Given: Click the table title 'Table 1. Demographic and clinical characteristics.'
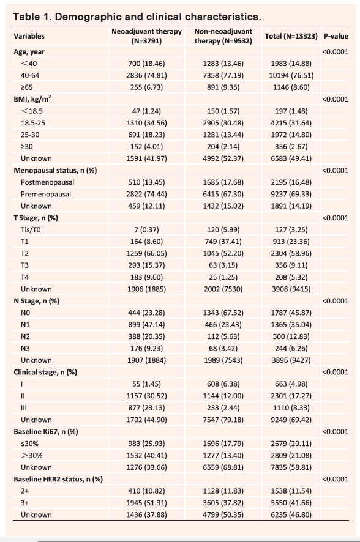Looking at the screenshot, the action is [137, 17].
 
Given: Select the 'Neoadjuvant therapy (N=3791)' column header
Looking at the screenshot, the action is [146, 36].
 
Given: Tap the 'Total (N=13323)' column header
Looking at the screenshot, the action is [291, 36].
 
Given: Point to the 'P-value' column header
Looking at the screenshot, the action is [336, 36].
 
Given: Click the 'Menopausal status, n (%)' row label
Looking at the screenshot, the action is [55, 171].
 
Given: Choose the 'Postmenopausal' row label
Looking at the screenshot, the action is [47, 182].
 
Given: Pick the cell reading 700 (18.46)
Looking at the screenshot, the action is [146, 64].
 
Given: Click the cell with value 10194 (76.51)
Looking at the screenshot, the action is [291, 75].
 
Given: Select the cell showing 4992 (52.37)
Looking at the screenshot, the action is [223, 158].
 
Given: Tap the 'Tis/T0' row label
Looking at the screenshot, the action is [31, 229].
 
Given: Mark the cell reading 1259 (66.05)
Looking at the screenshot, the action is [146, 253].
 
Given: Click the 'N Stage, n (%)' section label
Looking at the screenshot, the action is [37, 301].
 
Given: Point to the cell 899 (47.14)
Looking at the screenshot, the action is [146, 325].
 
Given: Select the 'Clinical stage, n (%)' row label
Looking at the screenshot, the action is [45, 372].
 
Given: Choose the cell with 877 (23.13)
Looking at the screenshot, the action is [146, 407].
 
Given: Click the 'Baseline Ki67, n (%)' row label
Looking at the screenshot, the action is [46, 432].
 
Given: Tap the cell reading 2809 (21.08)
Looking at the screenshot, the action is [291, 455].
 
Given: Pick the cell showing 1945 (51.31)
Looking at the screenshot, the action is [146, 503].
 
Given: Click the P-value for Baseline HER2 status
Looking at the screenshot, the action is [335, 479].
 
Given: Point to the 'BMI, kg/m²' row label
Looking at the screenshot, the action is [32, 99].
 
